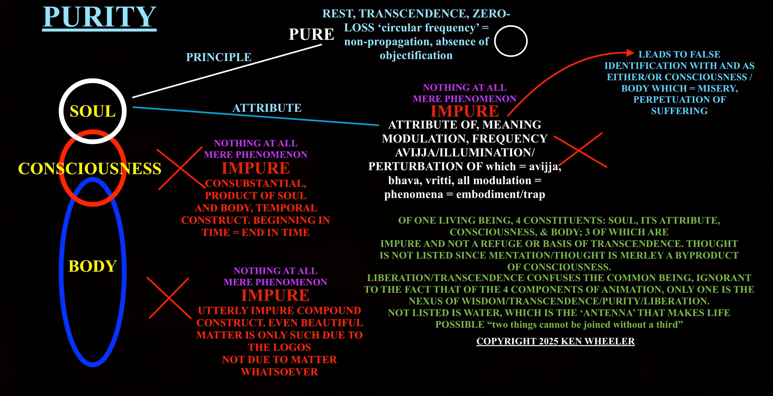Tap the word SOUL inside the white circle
tap(93, 111)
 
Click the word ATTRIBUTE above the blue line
tap(267, 108)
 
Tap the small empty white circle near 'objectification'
tap(511, 41)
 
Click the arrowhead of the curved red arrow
tap(630, 53)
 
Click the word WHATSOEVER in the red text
tap(279, 372)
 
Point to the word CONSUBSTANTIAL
tap(256, 183)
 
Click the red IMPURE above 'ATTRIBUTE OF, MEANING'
tap(465, 111)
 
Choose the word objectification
tap(416, 55)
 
